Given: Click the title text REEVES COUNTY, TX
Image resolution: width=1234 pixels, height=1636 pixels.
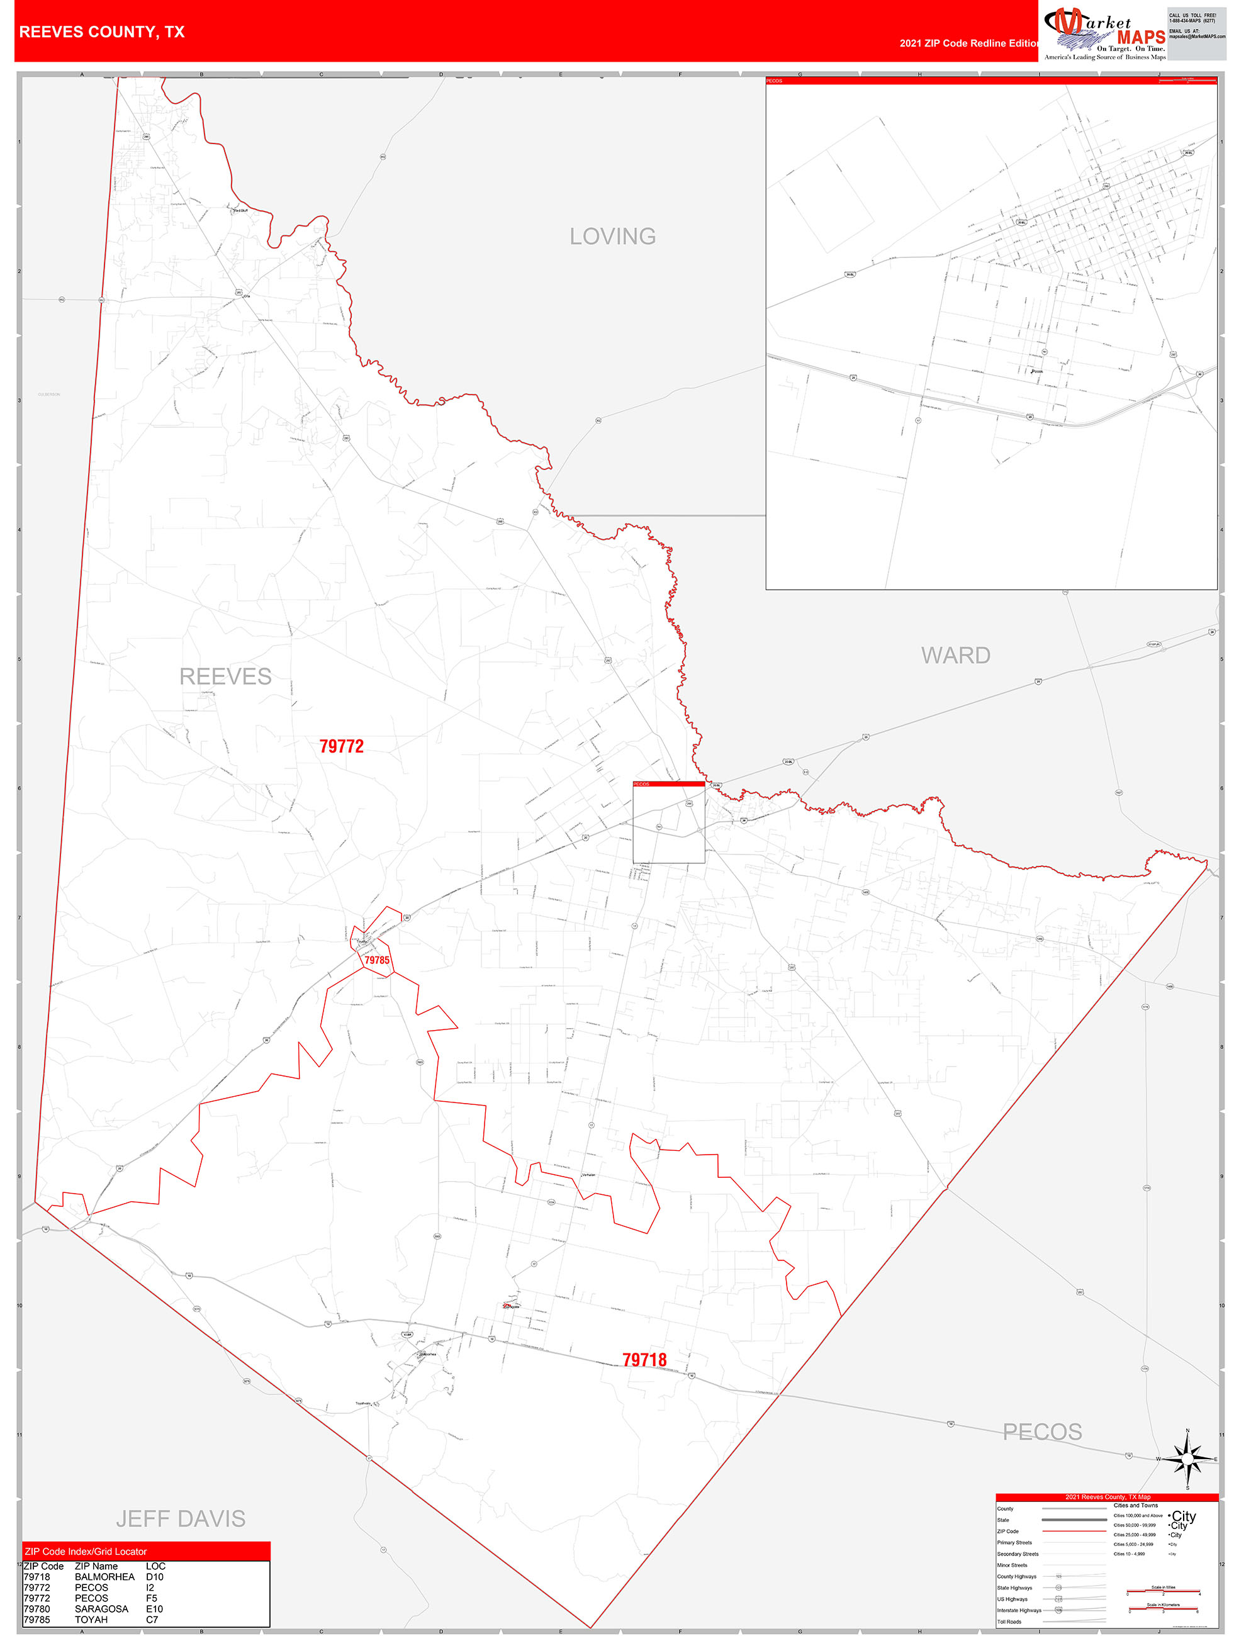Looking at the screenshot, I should click(102, 32).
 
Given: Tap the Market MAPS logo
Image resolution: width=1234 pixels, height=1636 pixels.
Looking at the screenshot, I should click(1104, 34).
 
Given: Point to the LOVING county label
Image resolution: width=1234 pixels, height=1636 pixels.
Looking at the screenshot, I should click(612, 237).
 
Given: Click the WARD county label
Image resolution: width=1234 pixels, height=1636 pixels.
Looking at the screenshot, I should click(955, 655).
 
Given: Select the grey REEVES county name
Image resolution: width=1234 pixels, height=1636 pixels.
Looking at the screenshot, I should click(226, 676).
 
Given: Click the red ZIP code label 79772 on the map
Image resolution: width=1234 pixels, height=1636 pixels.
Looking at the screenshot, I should click(341, 746).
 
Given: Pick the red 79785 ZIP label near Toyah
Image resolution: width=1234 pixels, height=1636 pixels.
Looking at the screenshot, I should click(376, 960).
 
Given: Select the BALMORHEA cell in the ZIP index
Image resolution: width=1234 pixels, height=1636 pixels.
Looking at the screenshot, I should click(104, 1577).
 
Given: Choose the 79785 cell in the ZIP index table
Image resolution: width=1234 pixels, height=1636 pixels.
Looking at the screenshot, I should click(37, 1620).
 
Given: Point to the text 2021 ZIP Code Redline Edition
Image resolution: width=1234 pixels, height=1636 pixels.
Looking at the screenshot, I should click(969, 43).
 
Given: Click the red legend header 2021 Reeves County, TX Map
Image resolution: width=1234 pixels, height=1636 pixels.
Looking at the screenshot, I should click(1107, 1497).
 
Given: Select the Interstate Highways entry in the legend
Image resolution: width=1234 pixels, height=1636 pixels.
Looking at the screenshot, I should click(1019, 1610).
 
